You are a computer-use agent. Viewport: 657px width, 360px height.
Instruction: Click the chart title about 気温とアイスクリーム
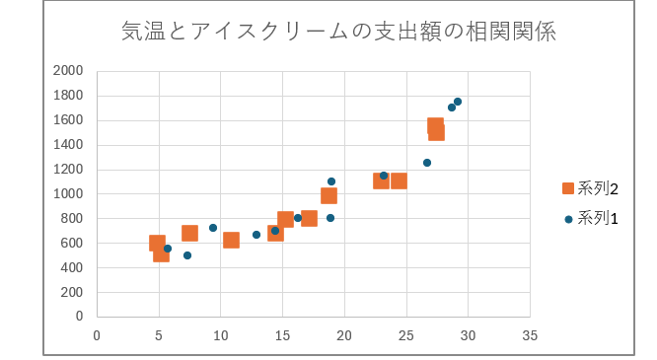pyautogui.click(x=337, y=32)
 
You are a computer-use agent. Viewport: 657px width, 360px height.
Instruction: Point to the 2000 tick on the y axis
pyautogui.click(x=68, y=71)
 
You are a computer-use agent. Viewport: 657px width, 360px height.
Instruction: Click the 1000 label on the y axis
pyautogui.click(x=68, y=194)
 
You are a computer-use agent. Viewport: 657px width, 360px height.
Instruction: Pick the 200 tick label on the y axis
pyautogui.click(x=71, y=292)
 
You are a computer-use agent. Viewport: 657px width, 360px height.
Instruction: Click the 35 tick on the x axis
pyautogui.click(x=530, y=334)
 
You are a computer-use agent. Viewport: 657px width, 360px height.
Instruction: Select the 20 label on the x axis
pyautogui.click(x=344, y=334)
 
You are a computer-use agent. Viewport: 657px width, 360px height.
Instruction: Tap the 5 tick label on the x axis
pyautogui.click(x=159, y=334)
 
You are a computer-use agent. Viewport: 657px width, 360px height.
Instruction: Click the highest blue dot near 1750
pyautogui.click(x=458, y=102)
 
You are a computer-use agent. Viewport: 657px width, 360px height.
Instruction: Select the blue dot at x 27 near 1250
pyautogui.click(x=427, y=163)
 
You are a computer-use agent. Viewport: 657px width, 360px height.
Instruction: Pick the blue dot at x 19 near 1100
pyautogui.click(x=331, y=181)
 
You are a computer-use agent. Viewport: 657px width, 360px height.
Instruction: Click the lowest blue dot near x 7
pyautogui.click(x=187, y=255)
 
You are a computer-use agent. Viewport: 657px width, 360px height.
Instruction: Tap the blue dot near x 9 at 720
pyautogui.click(x=213, y=228)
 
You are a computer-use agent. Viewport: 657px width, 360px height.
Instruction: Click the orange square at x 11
pyautogui.click(x=231, y=240)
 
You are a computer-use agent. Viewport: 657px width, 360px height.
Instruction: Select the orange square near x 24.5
pyautogui.click(x=399, y=180)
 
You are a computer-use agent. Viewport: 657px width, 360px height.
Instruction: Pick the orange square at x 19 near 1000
pyautogui.click(x=328, y=195)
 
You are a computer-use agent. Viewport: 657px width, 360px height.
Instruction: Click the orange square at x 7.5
pyautogui.click(x=189, y=234)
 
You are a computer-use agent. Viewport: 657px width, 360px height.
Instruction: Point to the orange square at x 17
pyautogui.click(x=309, y=218)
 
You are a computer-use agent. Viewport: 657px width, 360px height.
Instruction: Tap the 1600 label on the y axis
pyautogui.click(x=68, y=120)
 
